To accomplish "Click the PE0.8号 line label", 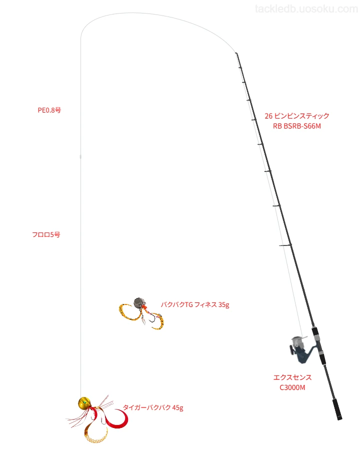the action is click(x=49, y=110).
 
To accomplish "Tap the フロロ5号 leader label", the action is click(x=46, y=234).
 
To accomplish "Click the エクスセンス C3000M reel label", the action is click(x=292, y=382).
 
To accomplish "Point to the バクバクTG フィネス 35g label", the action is click(x=195, y=305).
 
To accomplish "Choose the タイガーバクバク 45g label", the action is click(x=153, y=407).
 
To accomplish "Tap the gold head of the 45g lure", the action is click(x=84, y=402).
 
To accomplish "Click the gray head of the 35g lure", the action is click(x=139, y=302).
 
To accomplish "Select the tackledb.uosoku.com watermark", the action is click(x=306, y=9).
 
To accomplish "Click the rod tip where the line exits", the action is click(x=236, y=53).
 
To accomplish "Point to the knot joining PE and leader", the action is click(x=80, y=156).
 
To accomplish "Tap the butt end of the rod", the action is click(x=339, y=418).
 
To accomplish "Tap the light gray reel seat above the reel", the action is click(x=316, y=337).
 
